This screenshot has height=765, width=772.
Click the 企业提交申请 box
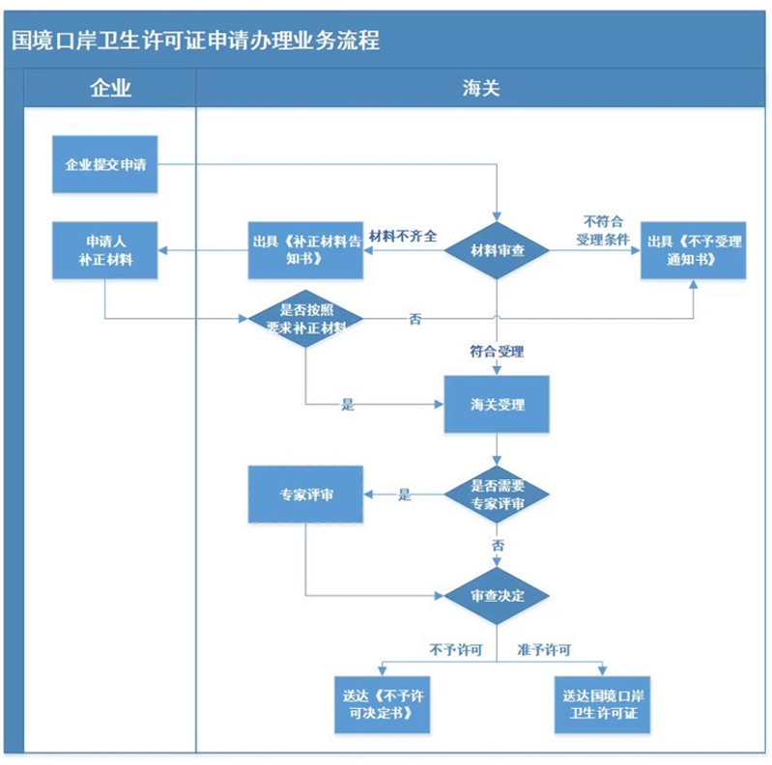point(105,164)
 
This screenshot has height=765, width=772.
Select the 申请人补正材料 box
point(105,250)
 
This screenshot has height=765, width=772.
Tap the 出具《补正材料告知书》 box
point(305,250)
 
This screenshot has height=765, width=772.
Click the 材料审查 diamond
point(497,250)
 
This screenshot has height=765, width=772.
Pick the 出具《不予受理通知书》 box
point(693,250)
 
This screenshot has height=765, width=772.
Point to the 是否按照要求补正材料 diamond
point(305,319)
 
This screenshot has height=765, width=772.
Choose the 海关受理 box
point(497,404)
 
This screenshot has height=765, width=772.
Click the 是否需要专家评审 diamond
point(497,495)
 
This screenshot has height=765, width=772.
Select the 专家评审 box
point(305,495)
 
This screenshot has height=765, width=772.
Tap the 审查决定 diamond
point(497,596)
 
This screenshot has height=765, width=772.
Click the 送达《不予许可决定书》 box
point(382,704)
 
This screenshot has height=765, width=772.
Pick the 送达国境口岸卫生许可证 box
point(602,704)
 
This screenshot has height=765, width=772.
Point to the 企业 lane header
point(110,88)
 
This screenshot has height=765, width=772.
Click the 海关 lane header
point(480,88)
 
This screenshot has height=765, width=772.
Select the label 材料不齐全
point(403,237)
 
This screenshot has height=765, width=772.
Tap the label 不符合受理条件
point(603,231)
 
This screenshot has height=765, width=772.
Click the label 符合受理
point(497,352)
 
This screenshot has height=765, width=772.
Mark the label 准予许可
point(544,650)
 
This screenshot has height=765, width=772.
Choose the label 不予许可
point(455,650)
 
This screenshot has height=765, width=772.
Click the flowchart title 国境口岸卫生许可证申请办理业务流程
point(195,41)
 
